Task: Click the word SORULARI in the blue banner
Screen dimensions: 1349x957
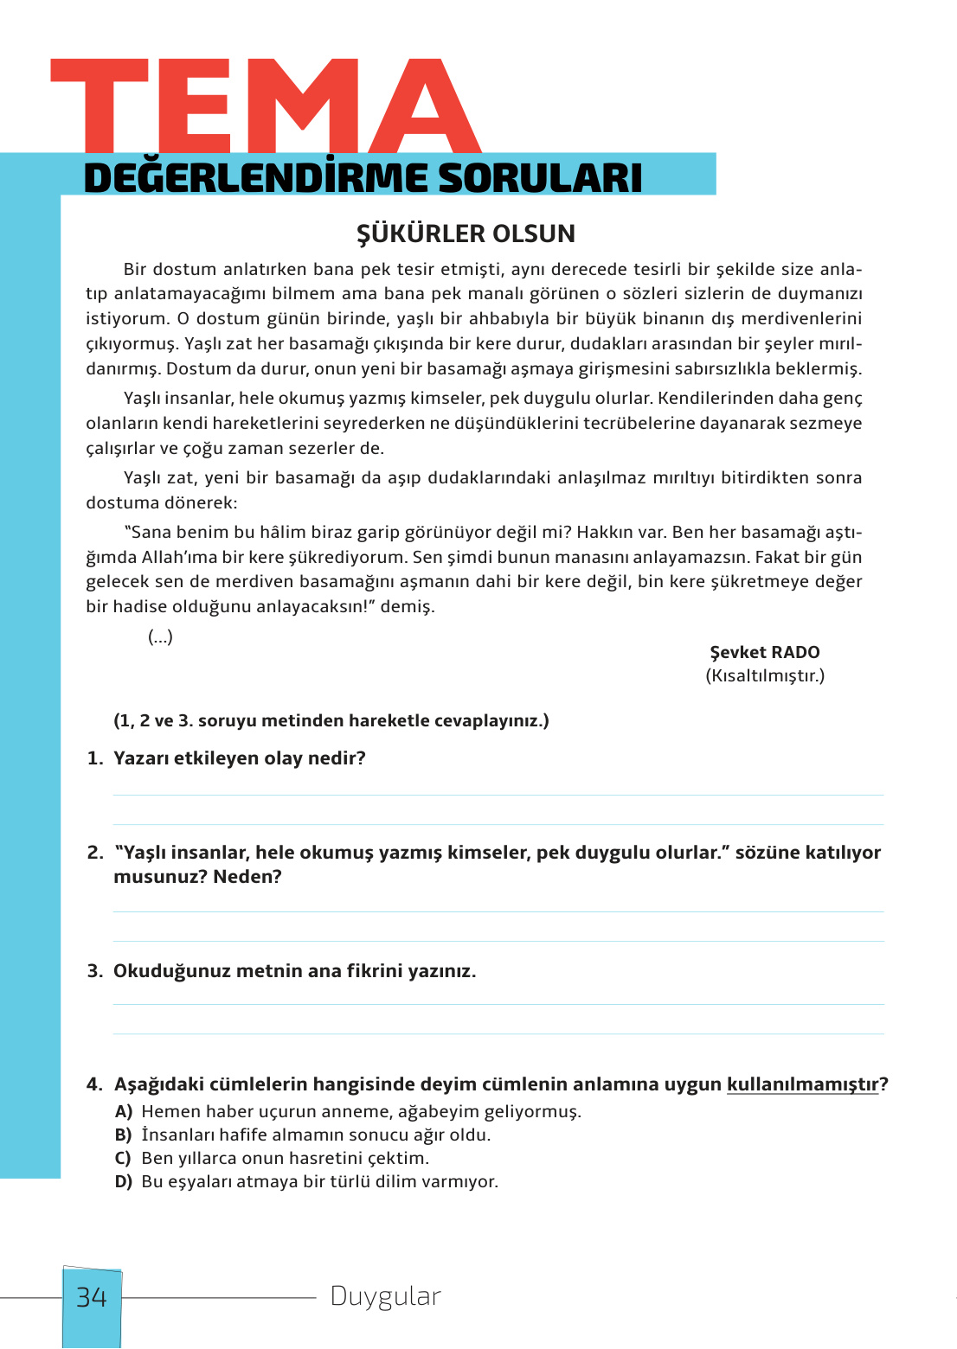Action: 540,178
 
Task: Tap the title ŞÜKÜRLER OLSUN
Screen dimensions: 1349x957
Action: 466,233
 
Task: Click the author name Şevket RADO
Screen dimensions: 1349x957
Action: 764,652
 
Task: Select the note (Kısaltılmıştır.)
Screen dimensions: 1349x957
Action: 765,675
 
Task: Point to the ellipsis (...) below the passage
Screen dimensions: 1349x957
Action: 160,637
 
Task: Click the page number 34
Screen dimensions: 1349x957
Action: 92,1297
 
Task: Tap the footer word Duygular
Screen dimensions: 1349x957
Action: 385,1296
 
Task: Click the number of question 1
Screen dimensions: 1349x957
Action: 95,758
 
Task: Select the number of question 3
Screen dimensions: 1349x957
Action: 95,971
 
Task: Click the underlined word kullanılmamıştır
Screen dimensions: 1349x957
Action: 802,1084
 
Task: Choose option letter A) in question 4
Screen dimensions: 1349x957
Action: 124,1112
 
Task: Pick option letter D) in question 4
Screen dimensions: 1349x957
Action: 124,1182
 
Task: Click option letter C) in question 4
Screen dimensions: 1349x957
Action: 124,1159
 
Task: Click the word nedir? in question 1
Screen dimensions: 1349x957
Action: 337,758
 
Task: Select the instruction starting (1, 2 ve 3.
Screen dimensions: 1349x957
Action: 331,720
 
